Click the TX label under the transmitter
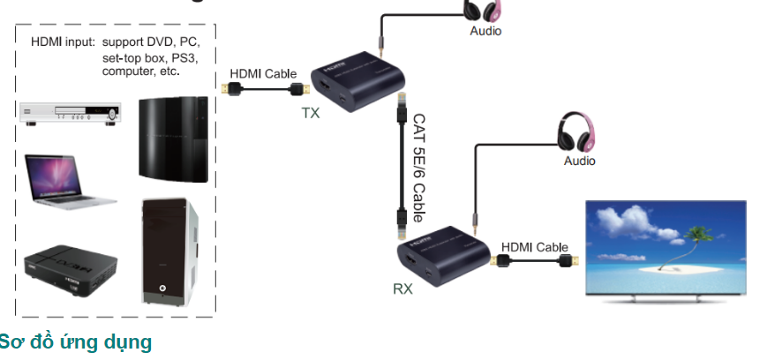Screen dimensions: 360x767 [x=311, y=113]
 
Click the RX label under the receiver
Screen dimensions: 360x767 [x=402, y=289]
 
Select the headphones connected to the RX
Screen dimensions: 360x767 [x=578, y=134]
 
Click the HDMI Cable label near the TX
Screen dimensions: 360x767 [x=263, y=74]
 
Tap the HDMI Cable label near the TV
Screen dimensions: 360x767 [x=535, y=247]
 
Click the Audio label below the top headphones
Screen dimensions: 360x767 [x=485, y=31]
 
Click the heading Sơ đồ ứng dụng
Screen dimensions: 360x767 [x=76, y=341]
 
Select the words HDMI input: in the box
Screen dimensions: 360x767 [x=63, y=41]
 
